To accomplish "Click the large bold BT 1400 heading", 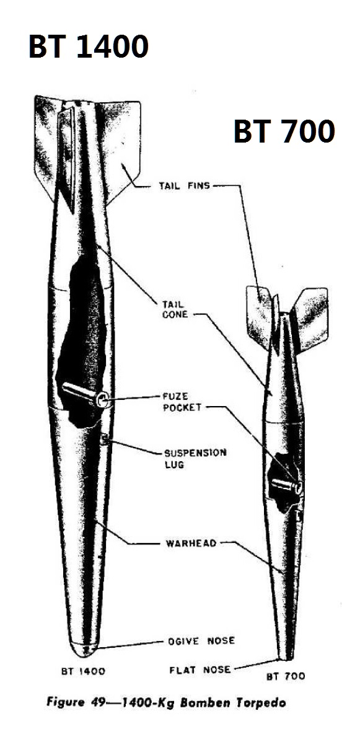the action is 89,46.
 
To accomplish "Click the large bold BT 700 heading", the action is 284,131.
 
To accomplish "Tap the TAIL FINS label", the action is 184,185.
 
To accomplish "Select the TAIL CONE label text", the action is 175,309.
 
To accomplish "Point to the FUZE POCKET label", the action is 182,402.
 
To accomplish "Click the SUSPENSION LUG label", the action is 195,459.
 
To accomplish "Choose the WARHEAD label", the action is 191,544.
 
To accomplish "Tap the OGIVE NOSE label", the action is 201,641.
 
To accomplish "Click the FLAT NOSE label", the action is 200,670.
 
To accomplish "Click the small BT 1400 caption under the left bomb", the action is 83,671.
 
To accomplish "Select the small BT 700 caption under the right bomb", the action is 286,676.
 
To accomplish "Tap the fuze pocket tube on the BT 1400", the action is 85,394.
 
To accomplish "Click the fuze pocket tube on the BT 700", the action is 287,485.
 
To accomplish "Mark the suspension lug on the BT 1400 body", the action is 105,440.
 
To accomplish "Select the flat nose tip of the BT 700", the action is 287,659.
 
